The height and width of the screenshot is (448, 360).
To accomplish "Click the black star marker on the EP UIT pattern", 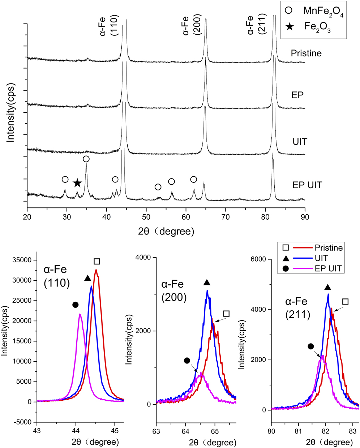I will point(77,183).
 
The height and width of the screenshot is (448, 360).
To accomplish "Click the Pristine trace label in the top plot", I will point(306,53).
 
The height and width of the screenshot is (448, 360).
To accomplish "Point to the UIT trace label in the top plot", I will point(300,141).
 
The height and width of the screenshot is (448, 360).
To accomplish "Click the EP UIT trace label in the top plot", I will point(307,185).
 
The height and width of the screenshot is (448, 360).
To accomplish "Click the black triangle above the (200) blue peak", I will point(207,283).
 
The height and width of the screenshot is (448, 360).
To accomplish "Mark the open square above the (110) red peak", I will point(97,262).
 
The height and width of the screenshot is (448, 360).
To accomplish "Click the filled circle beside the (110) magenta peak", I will point(75,305).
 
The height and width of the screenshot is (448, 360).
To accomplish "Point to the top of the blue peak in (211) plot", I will point(328,294).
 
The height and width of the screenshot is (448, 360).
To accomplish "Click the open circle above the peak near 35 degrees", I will point(86,159).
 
